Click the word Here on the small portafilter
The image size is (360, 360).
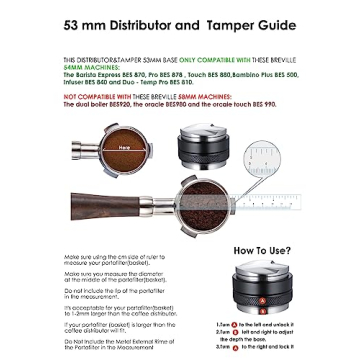click(x=124, y=146)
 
